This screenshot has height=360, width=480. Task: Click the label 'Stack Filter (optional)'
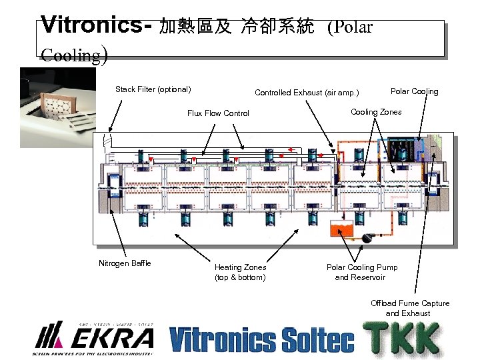click(x=153, y=89)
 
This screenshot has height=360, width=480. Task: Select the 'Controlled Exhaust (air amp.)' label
click(x=307, y=93)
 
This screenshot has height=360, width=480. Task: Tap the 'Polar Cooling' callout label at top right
click(x=414, y=91)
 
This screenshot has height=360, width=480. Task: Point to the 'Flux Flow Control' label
click(x=218, y=113)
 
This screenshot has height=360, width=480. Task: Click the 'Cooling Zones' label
click(x=376, y=112)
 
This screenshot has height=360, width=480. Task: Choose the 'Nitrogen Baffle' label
click(x=125, y=263)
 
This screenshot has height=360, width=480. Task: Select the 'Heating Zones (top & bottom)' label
click(x=240, y=272)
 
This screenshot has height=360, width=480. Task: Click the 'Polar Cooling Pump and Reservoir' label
click(x=362, y=272)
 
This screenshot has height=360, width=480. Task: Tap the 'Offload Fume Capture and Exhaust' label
click(x=410, y=308)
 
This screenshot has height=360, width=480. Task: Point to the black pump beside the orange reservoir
click(x=365, y=237)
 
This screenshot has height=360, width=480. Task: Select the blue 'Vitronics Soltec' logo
click(x=261, y=339)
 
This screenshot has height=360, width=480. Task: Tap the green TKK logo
click(x=401, y=339)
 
